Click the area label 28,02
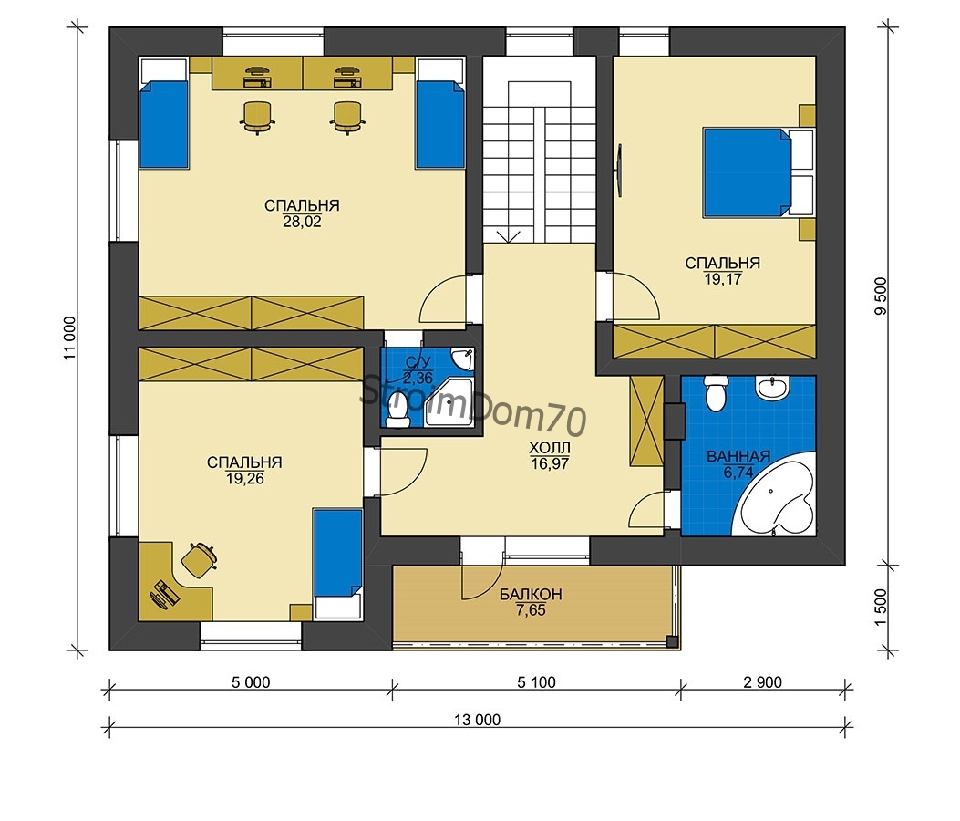(302, 222)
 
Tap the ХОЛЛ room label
(550, 448)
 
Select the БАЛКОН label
(531, 594)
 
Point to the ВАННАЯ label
(738, 456)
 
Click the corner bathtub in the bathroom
(778, 496)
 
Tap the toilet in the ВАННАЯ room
(715, 392)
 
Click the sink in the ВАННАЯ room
(773, 387)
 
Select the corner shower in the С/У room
(451, 402)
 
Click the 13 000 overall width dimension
(477, 720)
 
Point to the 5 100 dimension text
(536, 682)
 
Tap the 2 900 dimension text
(763, 682)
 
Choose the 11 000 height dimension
(70, 338)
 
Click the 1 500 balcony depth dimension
(881, 608)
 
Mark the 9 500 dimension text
(881, 296)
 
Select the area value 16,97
(550, 463)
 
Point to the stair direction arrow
(508, 236)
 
